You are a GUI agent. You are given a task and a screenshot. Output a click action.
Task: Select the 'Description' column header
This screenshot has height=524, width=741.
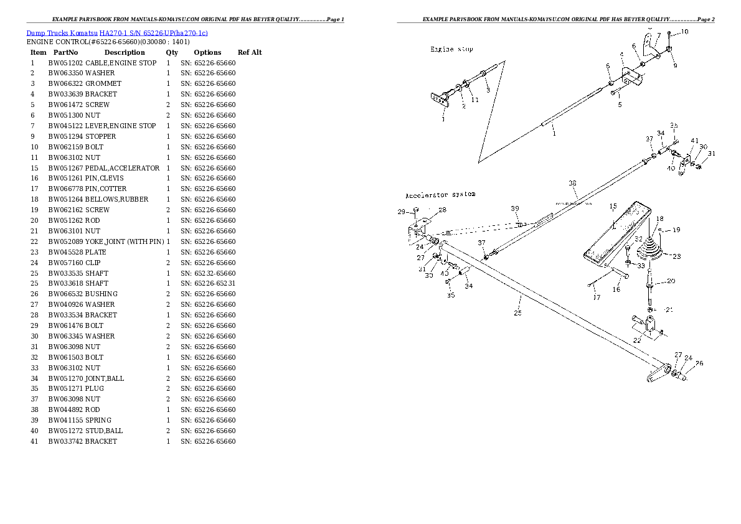click(x=124, y=52)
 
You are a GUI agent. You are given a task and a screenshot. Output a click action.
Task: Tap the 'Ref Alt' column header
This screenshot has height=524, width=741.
click(x=250, y=52)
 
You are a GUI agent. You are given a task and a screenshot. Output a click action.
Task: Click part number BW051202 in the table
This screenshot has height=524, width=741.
click(x=65, y=63)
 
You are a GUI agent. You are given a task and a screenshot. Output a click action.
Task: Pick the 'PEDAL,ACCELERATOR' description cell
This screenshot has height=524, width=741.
click(x=122, y=168)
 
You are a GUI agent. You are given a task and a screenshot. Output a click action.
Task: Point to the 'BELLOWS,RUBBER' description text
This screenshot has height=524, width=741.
click(x=116, y=199)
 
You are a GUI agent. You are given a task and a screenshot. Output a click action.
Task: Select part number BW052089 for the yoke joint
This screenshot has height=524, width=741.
click(x=65, y=241)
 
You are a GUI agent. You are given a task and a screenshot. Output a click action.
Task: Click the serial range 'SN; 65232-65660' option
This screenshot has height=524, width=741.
click(x=208, y=273)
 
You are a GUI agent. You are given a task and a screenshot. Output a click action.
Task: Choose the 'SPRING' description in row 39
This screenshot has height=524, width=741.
click(x=98, y=420)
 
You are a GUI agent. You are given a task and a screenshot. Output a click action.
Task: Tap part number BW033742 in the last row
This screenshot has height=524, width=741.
click(x=65, y=441)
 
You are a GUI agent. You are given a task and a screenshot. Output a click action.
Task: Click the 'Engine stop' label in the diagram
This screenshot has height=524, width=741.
click(x=451, y=49)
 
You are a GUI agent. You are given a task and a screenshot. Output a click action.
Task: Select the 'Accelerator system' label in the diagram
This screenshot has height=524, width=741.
click(x=440, y=195)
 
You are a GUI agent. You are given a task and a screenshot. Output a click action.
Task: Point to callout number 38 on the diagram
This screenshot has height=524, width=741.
click(x=572, y=183)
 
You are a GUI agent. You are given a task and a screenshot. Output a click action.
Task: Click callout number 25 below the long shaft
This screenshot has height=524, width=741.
click(x=517, y=313)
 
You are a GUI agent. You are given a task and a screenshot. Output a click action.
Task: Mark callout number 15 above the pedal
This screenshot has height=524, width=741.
click(x=613, y=206)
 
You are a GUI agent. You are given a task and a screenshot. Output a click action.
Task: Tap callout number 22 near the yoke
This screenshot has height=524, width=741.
click(x=637, y=340)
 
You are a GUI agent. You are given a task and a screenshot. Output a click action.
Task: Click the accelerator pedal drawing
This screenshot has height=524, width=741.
click(x=613, y=233)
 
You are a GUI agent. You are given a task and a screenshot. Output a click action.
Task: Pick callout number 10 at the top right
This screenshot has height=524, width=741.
click(x=684, y=31)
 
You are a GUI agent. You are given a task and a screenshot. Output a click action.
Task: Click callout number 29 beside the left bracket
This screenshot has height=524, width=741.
click(x=402, y=212)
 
